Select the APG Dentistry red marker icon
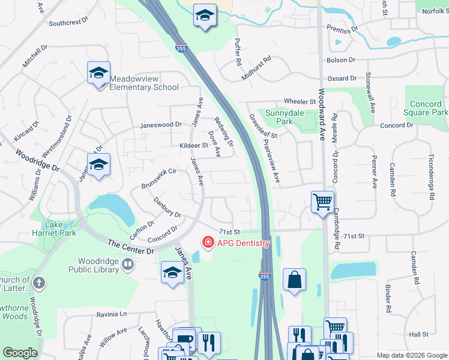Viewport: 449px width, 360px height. coord(208,242)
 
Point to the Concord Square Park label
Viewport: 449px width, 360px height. coord(426,108)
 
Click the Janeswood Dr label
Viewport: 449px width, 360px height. coord(160,125)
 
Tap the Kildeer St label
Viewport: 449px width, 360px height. coord(193,145)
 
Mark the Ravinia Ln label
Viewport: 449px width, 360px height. coord(112,314)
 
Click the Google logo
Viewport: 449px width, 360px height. coord(20,353)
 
